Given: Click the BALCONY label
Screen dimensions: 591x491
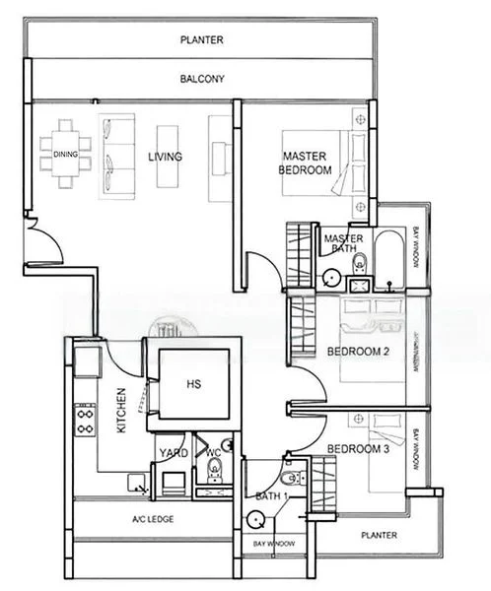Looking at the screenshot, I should (x=202, y=79).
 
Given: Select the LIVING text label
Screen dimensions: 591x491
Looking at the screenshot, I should (x=164, y=156).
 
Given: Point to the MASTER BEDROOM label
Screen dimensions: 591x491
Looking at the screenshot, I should (x=306, y=164).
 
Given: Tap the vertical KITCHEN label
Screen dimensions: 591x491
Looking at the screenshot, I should (x=121, y=411).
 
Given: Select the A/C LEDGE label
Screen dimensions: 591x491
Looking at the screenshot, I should (x=153, y=519).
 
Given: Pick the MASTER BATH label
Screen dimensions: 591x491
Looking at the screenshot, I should (x=343, y=243).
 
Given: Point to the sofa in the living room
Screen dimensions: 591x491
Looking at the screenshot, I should (x=114, y=154).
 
